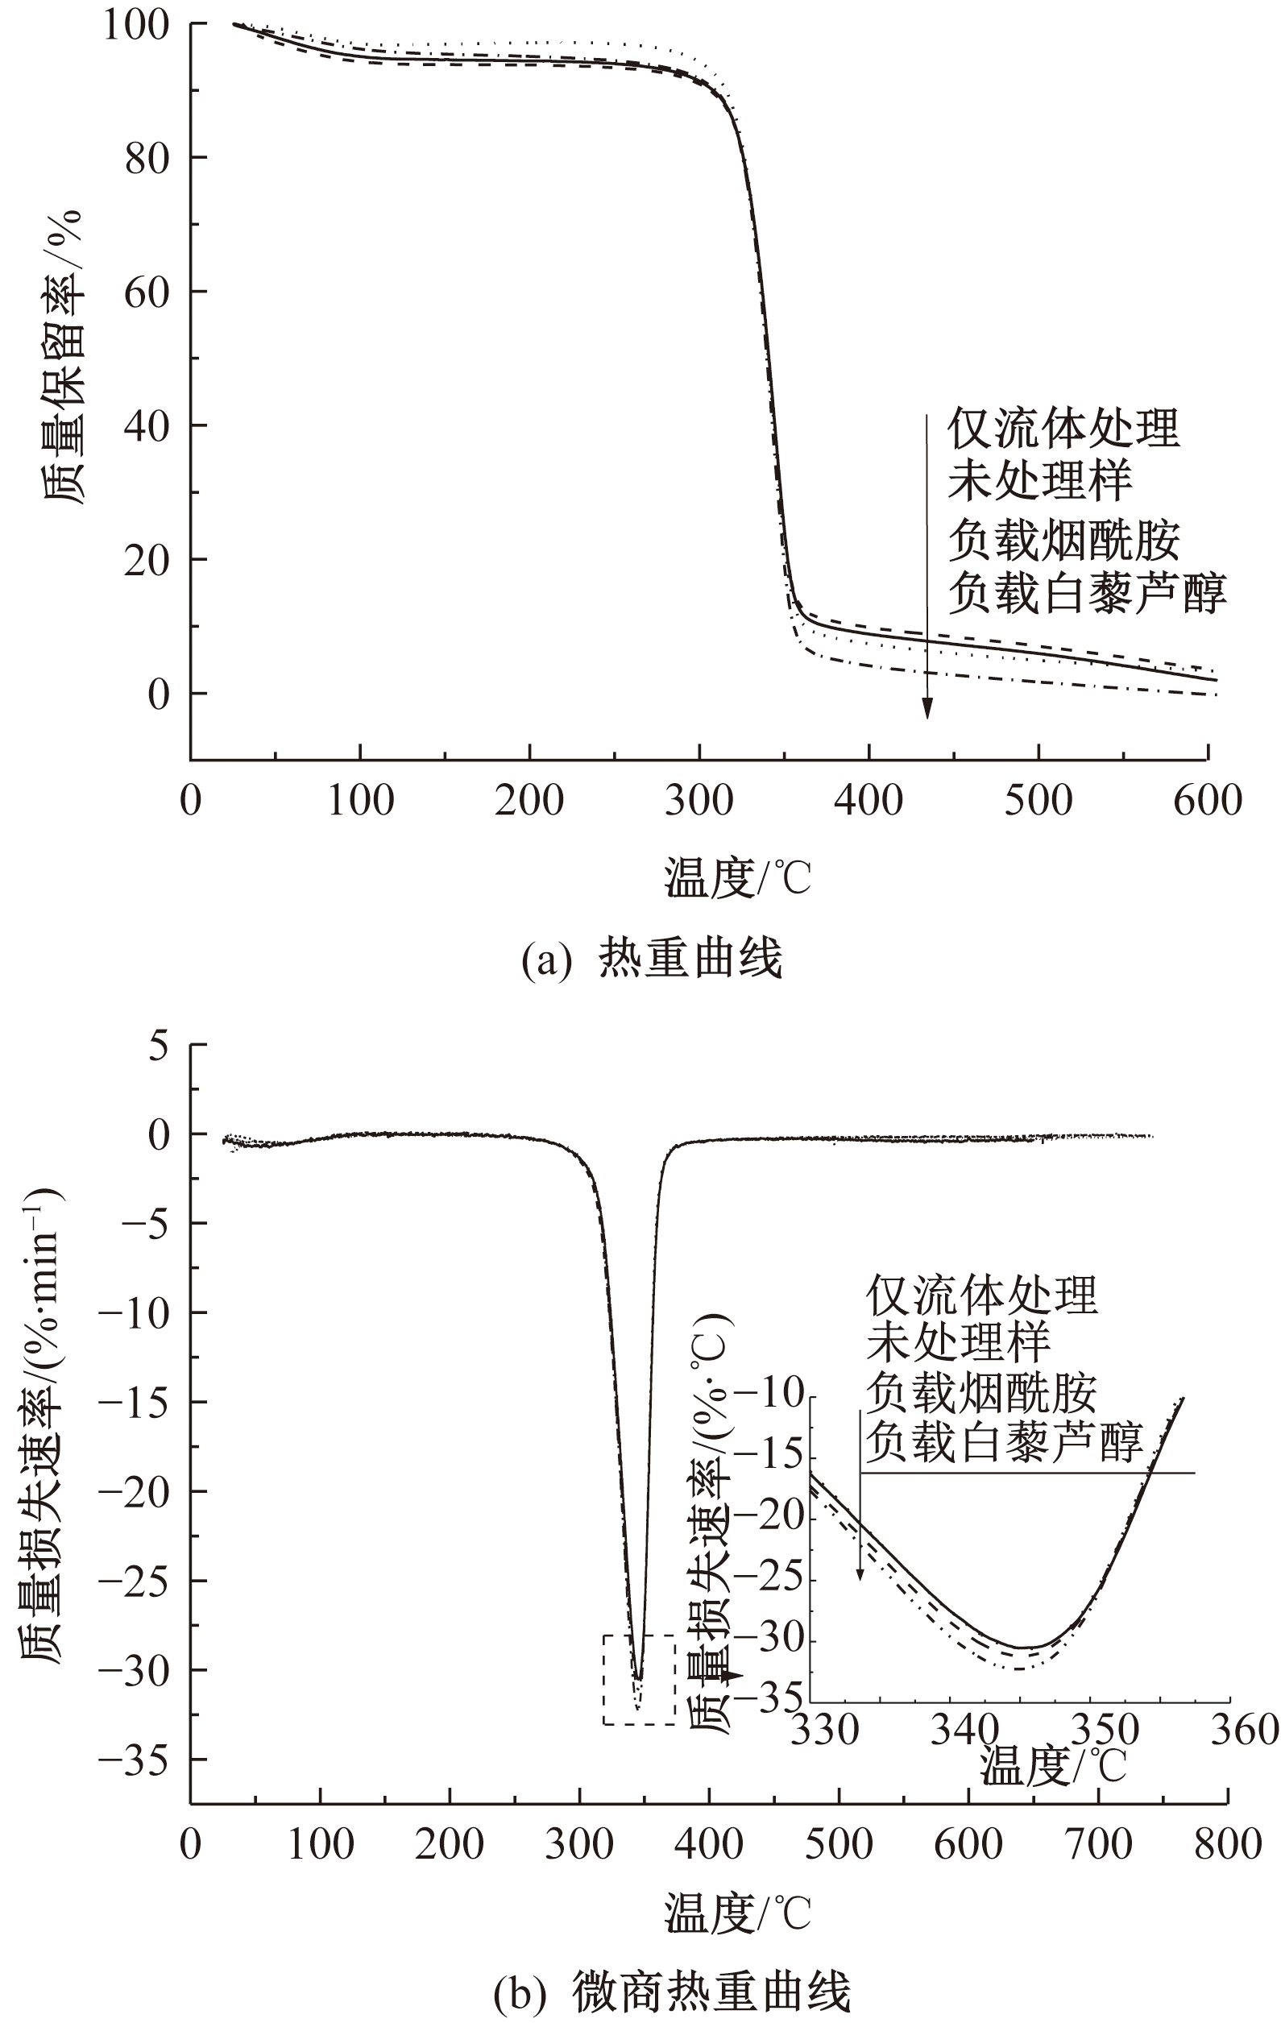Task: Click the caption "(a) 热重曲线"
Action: pyautogui.click(x=652, y=959)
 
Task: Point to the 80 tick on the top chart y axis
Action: pyautogui.click(x=146, y=157)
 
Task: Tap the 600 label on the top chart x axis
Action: pyautogui.click(x=1207, y=801)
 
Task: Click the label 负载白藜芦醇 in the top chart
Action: pyautogui.click(x=1087, y=592)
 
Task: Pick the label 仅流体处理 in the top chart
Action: pyautogui.click(x=1063, y=429)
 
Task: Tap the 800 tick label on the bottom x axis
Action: pyautogui.click(x=1227, y=1844)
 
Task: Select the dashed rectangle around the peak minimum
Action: pyautogui.click(x=638, y=1681)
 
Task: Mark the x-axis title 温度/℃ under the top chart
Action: pyautogui.click(x=737, y=878)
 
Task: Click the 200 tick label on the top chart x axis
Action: pyautogui.click(x=529, y=801)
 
